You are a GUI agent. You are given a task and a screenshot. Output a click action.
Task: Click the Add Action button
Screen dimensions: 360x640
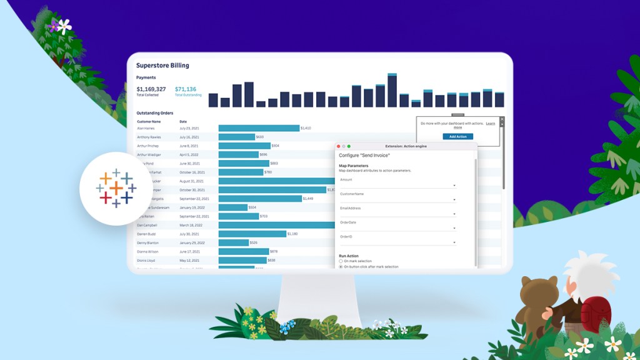pyautogui.click(x=457, y=136)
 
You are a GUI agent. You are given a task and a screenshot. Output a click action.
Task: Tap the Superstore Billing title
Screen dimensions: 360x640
pyautogui.click(x=162, y=65)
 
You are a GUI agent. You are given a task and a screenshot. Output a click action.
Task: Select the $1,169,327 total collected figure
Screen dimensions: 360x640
pyautogui.click(x=151, y=89)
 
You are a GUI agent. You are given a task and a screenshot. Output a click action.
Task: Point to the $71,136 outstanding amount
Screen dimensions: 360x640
pyautogui.click(x=186, y=89)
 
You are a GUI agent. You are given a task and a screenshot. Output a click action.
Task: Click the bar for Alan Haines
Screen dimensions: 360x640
pyautogui.click(x=259, y=128)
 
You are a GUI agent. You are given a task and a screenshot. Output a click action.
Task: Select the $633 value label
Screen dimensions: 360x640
pyautogui.click(x=260, y=137)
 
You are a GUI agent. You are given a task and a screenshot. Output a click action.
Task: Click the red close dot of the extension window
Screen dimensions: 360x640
pyautogui.click(x=339, y=146)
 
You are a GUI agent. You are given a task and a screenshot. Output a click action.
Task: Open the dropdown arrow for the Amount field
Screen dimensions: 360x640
pyautogui.click(x=454, y=186)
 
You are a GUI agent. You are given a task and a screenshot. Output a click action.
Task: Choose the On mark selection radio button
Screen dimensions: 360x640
pyautogui.click(x=341, y=261)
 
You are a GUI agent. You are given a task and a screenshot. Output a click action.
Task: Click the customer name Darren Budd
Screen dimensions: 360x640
pyautogui.click(x=146, y=234)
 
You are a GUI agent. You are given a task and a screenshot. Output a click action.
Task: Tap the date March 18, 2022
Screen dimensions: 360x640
pyautogui.click(x=191, y=225)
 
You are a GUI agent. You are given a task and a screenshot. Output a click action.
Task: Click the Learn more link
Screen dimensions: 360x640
pyautogui.click(x=458, y=127)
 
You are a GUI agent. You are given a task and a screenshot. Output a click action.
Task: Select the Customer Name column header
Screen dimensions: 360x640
pyautogui.click(x=149, y=121)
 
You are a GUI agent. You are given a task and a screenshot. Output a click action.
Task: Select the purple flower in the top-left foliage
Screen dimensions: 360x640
pyautogui.click(x=54, y=26)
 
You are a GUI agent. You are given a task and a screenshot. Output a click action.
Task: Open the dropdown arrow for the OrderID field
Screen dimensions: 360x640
pyautogui.click(x=454, y=242)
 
